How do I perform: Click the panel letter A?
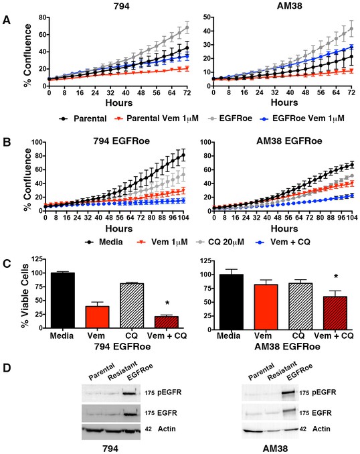pyautogui.click(x=7, y=20)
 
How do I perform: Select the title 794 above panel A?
pyautogui.click(x=122, y=6)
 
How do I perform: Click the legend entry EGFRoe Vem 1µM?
pyautogui.click(x=303, y=119)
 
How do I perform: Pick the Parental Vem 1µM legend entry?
pyautogui.click(x=157, y=119)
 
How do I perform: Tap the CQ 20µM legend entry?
pyautogui.click(x=221, y=242)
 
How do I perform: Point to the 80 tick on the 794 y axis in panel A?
pyautogui.click(x=42, y=17)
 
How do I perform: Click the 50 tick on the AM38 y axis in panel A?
pyautogui.click(x=207, y=17)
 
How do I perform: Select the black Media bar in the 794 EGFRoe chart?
pyautogui.click(x=63, y=300)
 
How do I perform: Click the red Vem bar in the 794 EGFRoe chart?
pyautogui.click(x=98, y=317)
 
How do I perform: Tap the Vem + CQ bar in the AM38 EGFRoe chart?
pyautogui.click(x=335, y=313)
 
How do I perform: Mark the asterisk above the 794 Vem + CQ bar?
pyautogui.click(x=167, y=303)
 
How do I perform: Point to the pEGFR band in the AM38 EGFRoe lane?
pyautogui.click(x=289, y=392)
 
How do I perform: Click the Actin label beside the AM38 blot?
pyautogui.click(x=321, y=429)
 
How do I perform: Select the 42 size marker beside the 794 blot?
pyautogui.click(x=148, y=429)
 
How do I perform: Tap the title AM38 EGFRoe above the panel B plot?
pyautogui.click(x=289, y=141)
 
